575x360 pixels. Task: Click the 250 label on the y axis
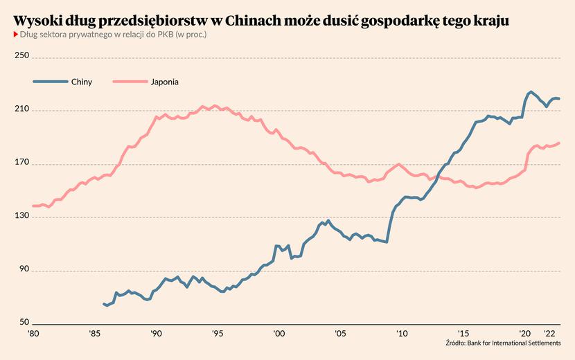click(21, 55)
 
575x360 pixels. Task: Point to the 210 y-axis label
click(21, 109)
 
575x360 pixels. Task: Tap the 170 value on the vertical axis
click(21, 161)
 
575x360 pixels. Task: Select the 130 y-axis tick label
click(21, 215)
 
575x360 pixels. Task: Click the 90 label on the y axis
click(24, 269)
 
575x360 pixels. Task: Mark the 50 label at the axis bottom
click(24, 322)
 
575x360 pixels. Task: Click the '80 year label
click(33, 334)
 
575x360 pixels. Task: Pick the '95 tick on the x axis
click(217, 334)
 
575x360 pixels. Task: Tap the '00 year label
click(278, 334)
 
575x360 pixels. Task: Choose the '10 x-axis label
click(402, 334)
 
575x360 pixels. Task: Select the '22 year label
click(549, 334)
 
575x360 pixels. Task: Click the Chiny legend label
click(82, 82)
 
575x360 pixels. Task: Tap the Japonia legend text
click(165, 82)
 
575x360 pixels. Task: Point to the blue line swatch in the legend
click(51, 82)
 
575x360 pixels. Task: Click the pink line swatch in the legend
click(130, 82)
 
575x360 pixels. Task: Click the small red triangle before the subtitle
click(16, 35)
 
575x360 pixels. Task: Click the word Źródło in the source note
click(455, 343)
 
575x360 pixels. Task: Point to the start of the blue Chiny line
click(104, 304)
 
